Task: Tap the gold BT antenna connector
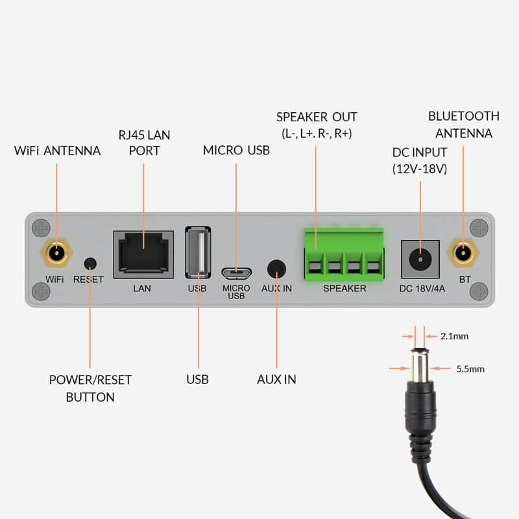[x=463, y=253]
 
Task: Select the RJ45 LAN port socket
[x=143, y=254]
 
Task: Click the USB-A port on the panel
[x=198, y=254]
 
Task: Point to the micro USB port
[x=236, y=271]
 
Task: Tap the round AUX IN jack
[x=277, y=269]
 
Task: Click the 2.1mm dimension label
[x=454, y=336]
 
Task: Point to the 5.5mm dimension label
[x=470, y=368]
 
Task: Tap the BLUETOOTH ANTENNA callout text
[x=464, y=125]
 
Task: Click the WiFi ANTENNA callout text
[x=57, y=151]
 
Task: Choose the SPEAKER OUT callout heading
[x=317, y=117]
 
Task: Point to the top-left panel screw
[x=41, y=228]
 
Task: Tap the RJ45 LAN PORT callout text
[x=143, y=142]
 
